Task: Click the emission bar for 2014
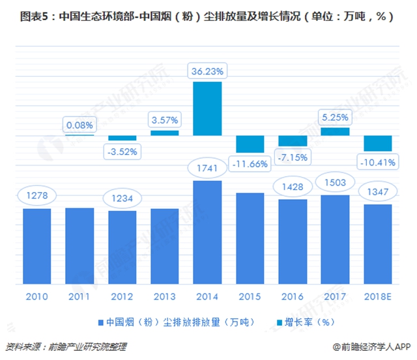point(207,232)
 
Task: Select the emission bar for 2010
point(36,246)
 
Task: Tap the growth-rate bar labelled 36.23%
point(207,108)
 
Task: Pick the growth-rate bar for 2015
point(250,144)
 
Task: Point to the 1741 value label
point(207,169)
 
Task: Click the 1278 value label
point(36,196)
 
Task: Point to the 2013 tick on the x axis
point(164,297)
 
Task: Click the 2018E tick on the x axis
point(377,297)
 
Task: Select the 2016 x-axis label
point(293,297)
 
